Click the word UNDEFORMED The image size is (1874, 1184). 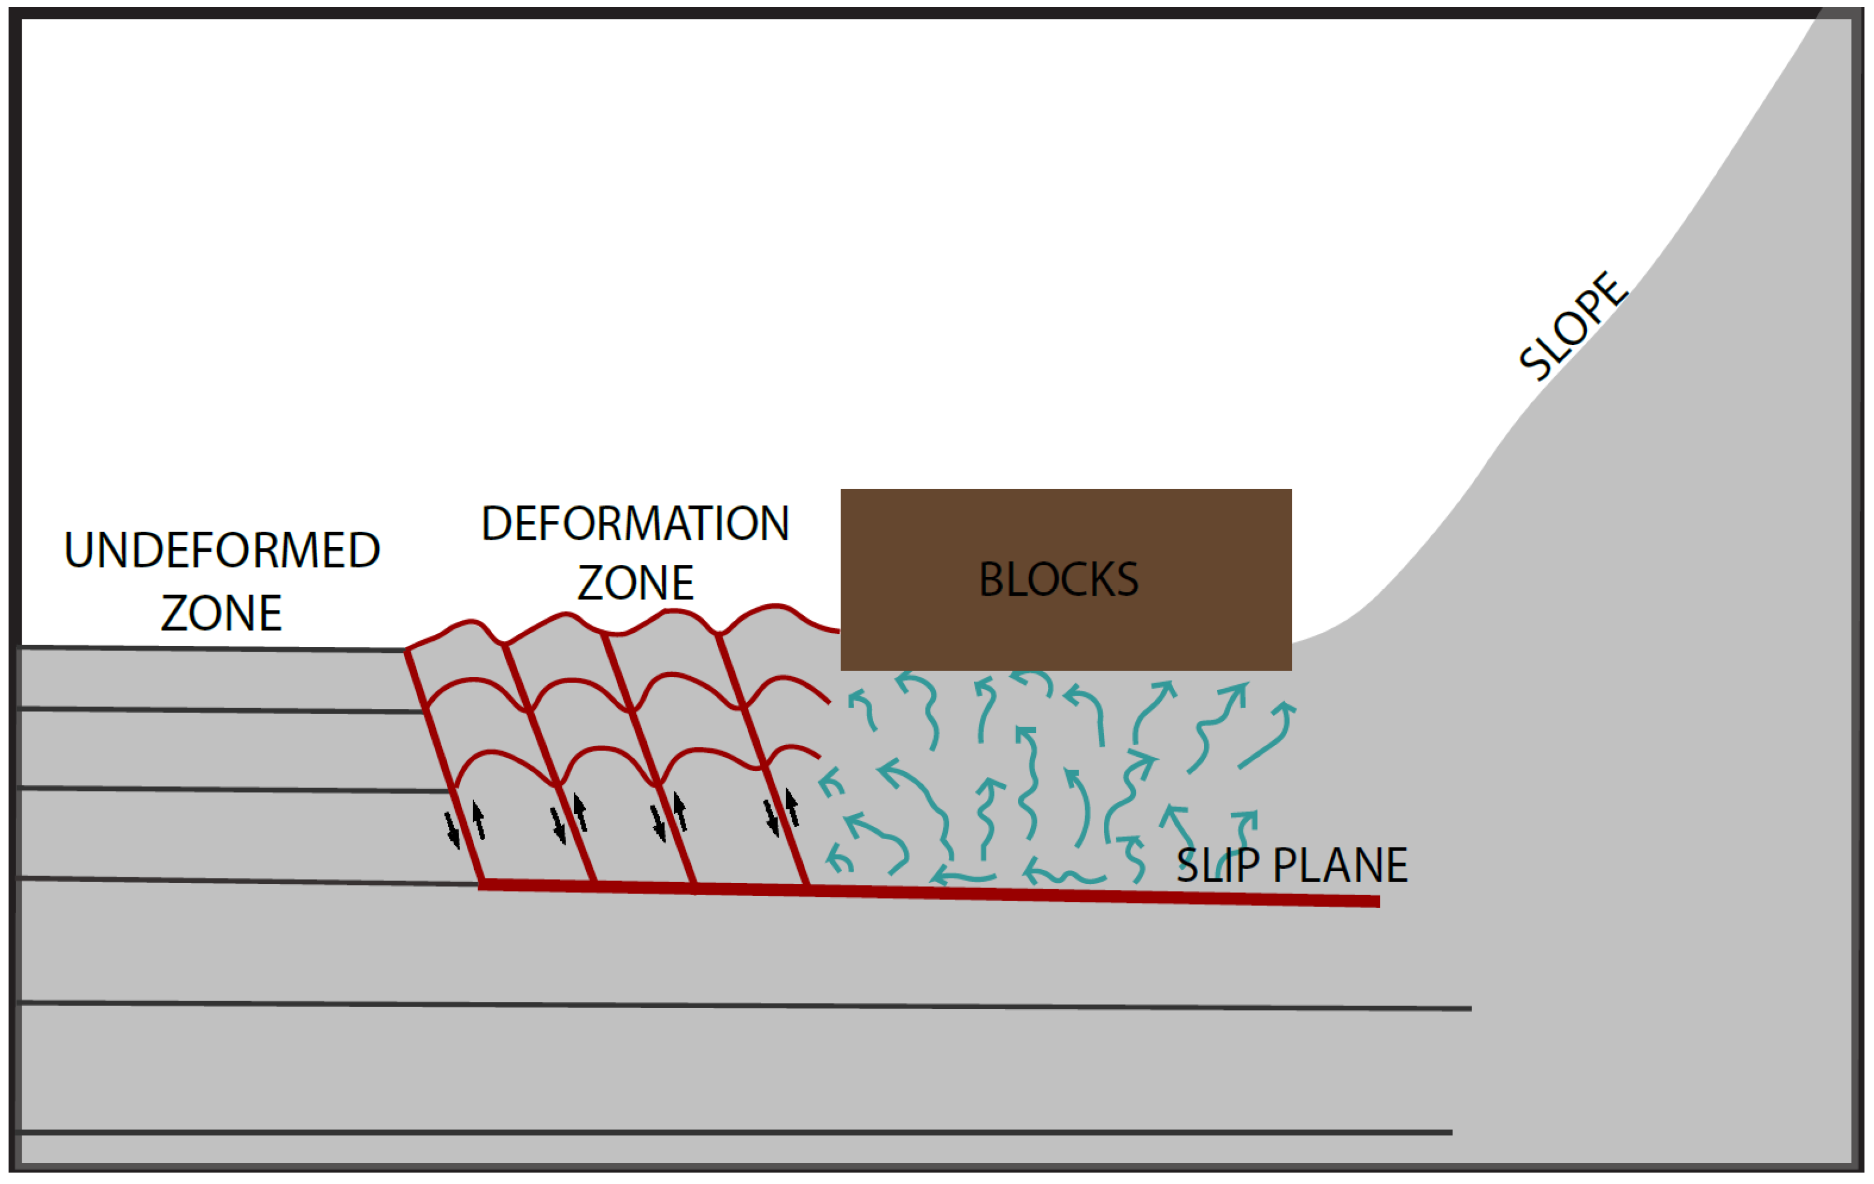[222, 551]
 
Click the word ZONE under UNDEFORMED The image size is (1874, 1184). [222, 613]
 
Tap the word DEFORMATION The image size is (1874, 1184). [635, 524]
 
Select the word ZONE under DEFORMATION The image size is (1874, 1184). [635, 583]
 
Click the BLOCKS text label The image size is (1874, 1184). [1058, 580]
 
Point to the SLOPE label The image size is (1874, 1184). [1572, 327]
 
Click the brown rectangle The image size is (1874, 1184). [1066, 529]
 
